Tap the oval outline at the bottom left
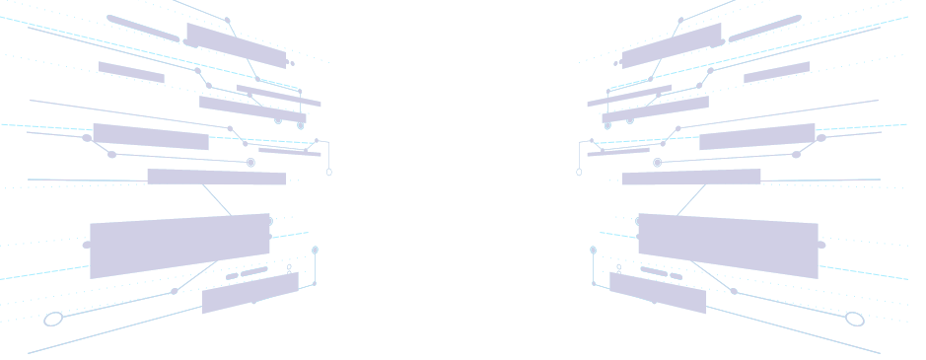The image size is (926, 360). point(53,319)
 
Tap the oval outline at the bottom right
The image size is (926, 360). point(855,319)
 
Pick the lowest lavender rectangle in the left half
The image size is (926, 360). point(249,293)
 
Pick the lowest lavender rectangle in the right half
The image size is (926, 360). point(658,293)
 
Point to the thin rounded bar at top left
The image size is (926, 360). point(142,28)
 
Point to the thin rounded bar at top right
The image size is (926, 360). point(765,28)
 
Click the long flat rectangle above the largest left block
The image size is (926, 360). point(217,178)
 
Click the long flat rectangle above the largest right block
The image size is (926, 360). point(691,178)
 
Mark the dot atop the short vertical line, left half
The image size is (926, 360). point(315,251)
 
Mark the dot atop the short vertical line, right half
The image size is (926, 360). point(593,251)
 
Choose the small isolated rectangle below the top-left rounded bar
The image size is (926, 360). point(130,72)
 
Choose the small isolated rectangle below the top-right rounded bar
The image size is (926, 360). point(777,72)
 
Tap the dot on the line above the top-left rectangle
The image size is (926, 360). point(228,20)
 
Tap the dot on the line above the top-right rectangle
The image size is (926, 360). point(680,20)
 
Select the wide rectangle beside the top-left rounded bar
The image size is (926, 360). point(236,45)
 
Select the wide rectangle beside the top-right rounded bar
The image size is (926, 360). point(672,45)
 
